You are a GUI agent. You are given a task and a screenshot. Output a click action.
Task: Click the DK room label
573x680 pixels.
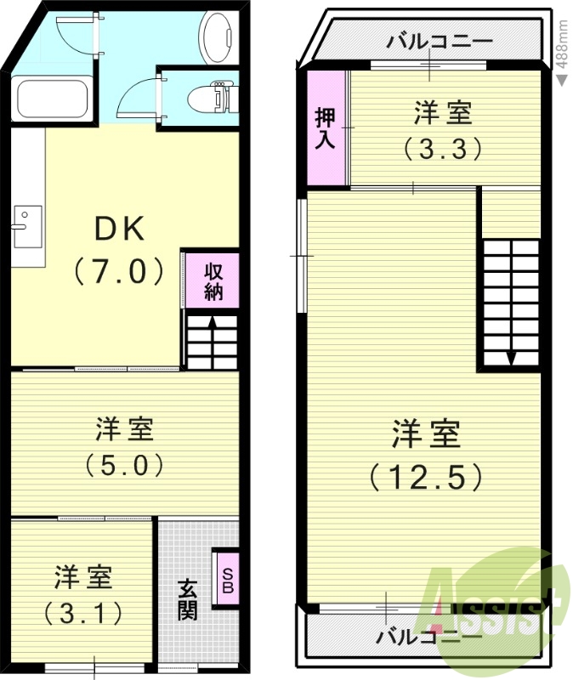[120, 228]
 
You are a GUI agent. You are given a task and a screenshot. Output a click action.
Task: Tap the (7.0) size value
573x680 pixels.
[119, 271]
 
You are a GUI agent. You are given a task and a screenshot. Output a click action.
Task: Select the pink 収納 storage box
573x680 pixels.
[212, 280]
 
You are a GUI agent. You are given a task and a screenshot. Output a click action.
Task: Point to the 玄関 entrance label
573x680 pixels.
[188, 598]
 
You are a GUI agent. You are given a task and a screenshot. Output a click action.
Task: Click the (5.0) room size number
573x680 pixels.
[124, 466]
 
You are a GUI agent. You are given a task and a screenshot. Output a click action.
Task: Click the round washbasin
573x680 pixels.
[216, 33]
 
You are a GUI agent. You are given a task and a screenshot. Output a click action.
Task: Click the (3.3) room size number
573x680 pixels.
[443, 150]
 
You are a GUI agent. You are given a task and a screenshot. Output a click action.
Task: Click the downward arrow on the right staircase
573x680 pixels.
[510, 356]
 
